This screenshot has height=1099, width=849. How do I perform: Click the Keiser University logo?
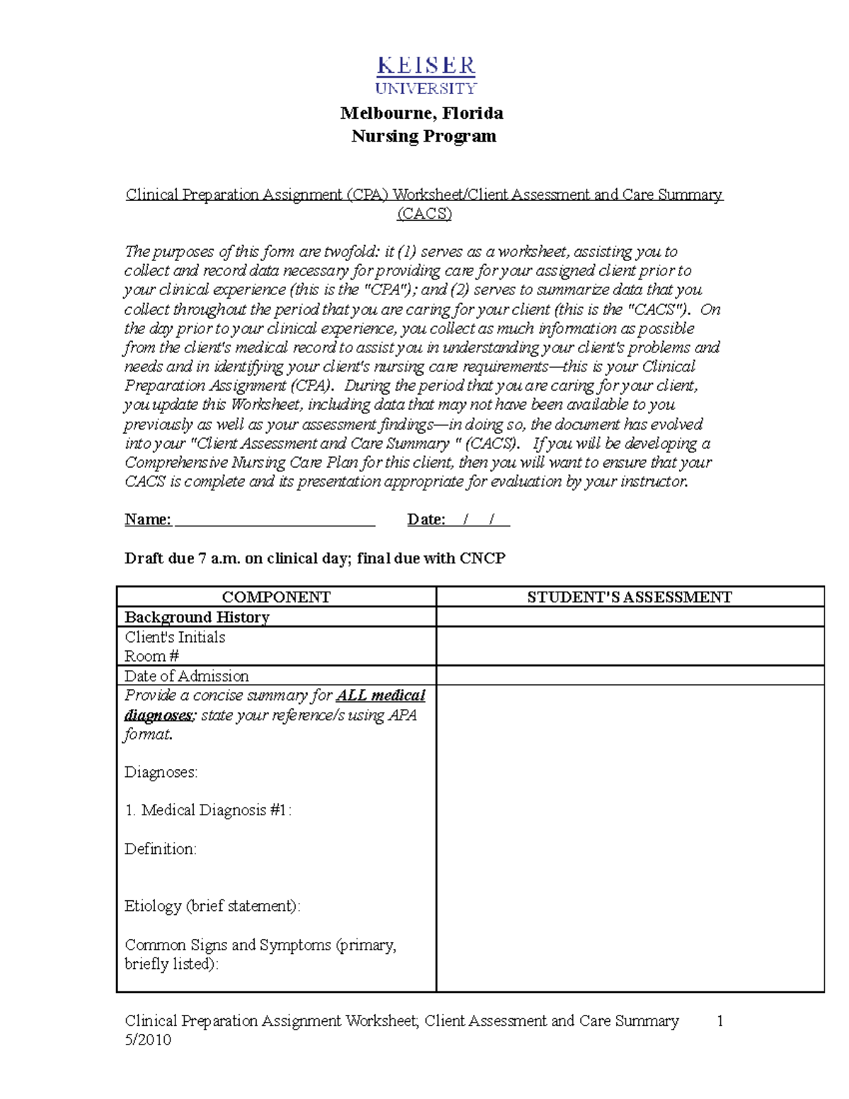[426, 76]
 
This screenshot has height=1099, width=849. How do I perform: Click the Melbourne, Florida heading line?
[422, 113]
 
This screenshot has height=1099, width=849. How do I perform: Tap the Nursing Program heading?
[424, 136]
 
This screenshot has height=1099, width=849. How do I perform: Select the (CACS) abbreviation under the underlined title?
[424, 214]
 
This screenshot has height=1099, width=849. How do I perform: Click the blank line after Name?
[275, 520]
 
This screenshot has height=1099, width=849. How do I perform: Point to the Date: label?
[426, 520]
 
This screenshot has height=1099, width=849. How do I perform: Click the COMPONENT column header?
[276, 597]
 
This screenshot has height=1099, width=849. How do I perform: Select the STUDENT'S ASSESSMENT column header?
[629, 597]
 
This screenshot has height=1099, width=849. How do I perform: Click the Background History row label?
[197, 617]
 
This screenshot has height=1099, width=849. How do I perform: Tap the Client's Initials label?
[175, 637]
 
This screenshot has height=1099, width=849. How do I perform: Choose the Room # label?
[151, 656]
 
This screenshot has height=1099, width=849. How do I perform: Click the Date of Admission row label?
[186, 676]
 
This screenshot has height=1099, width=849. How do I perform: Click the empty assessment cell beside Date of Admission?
[630, 676]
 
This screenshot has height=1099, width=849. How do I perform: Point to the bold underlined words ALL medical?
[381, 696]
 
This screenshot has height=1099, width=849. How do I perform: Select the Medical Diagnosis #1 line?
[208, 810]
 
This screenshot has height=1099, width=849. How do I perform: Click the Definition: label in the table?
[161, 849]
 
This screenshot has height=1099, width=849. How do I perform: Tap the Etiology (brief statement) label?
[212, 907]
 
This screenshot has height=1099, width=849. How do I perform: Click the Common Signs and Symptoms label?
[260, 945]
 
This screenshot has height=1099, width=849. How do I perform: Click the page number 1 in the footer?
[720, 1021]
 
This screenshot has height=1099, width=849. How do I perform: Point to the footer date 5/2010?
[148, 1040]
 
